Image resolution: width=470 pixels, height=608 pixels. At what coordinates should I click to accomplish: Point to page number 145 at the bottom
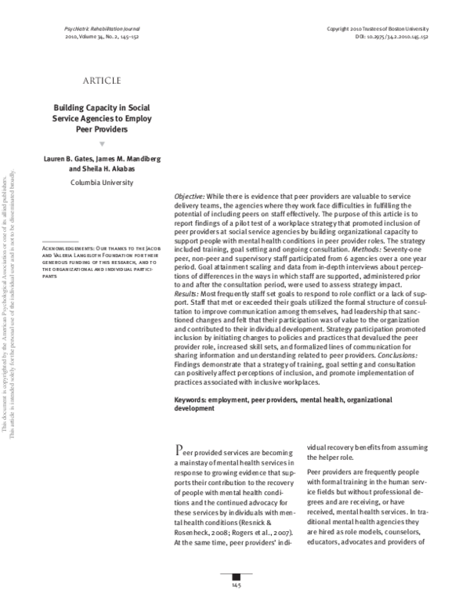tap(235, 585)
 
